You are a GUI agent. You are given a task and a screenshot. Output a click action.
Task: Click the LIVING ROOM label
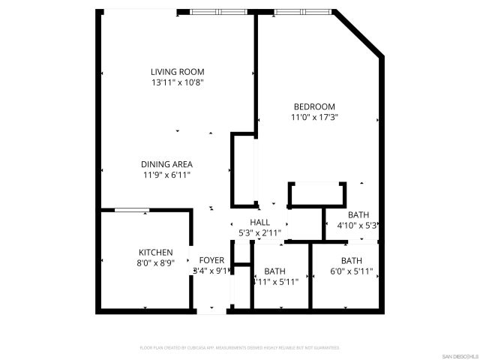click(177, 72)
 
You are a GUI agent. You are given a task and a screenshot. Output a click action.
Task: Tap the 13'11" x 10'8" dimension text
click(177, 82)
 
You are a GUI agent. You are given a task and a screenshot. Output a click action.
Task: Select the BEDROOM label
click(313, 106)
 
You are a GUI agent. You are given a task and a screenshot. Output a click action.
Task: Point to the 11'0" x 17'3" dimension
click(313, 117)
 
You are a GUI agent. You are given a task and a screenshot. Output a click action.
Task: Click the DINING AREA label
click(166, 164)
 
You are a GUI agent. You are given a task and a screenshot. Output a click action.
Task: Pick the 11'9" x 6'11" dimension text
click(166, 175)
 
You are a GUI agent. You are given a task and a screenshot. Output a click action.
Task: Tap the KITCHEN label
click(156, 252)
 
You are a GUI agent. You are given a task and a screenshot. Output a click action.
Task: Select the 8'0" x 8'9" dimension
click(156, 262)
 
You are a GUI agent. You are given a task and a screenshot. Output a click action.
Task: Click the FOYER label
click(211, 260)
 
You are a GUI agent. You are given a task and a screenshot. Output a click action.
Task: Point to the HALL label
click(259, 222)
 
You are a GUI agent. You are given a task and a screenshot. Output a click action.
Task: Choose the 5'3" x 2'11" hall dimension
click(259, 232)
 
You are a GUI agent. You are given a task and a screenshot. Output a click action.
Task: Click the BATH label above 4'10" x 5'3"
click(358, 214)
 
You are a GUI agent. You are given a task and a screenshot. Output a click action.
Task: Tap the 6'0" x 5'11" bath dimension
click(351, 271)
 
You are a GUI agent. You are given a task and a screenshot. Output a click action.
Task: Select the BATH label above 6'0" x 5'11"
click(351, 261)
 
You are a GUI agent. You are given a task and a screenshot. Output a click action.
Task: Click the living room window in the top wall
click(220, 11)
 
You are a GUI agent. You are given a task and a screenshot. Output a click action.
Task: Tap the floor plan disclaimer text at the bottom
click(240, 348)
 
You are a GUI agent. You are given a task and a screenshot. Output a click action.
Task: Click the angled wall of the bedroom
click(358, 33)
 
